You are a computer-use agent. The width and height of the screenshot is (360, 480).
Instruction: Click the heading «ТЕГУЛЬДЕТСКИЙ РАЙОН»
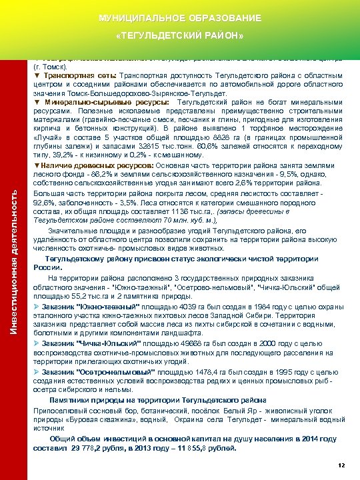point(180,34)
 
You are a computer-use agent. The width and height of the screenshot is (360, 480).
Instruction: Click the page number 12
point(341,464)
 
